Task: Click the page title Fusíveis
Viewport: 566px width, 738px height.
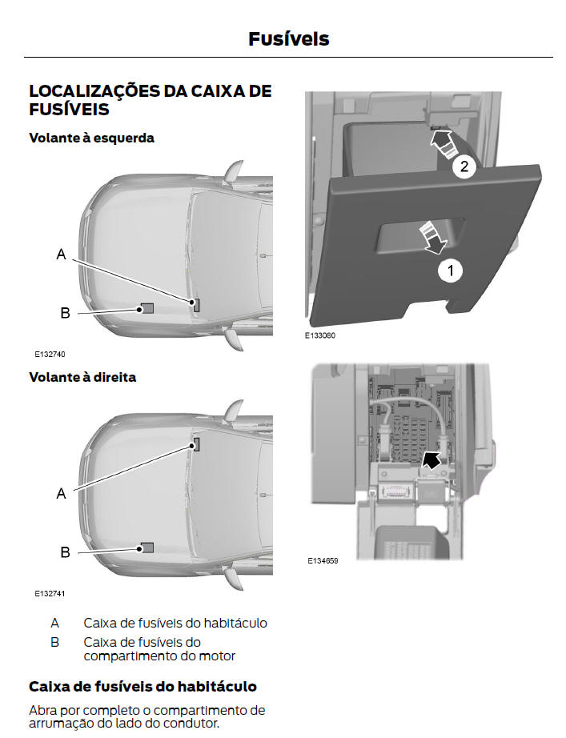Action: tap(288, 38)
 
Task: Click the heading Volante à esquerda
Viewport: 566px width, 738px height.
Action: tap(91, 138)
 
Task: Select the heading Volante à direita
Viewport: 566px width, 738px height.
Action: tap(82, 377)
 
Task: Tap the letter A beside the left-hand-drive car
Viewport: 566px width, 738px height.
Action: tap(61, 255)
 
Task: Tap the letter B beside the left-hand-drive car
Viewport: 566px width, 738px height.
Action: tap(65, 313)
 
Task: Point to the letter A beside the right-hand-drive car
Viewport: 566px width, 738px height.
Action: tap(61, 494)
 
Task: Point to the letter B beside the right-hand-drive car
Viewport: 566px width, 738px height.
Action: tap(65, 552)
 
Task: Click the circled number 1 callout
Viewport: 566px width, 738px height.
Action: tap(450, 271)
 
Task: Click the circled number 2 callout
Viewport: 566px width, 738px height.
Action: tap(463, 166)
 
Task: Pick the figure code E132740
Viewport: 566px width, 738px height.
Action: tap(49, 354)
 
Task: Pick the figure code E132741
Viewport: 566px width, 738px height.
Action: tap(49, 594)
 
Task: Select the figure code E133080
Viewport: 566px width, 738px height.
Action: tap(319, 336)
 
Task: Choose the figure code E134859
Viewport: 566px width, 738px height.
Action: tap(323, 561)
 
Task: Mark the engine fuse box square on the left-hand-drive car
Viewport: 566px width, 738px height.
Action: tap(147, 308)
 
